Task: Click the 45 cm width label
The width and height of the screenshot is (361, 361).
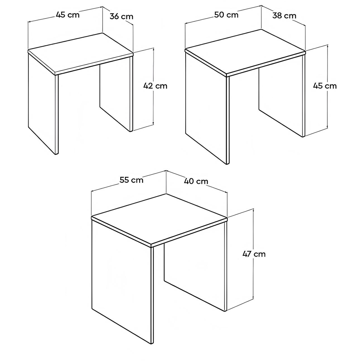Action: coord(68,15)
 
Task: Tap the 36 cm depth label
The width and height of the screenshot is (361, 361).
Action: coord(121,16)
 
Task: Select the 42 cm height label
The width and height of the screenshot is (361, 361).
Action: coord(155,86)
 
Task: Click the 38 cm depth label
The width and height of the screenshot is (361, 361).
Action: coord(284,16)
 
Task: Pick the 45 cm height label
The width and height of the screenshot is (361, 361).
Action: coord(325,86)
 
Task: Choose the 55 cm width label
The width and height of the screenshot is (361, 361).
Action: coord(131,180)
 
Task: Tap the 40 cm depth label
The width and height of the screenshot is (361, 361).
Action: coord(196,181)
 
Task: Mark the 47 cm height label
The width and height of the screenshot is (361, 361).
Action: coord(254,254)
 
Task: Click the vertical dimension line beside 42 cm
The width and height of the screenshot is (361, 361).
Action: coord(154,108)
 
